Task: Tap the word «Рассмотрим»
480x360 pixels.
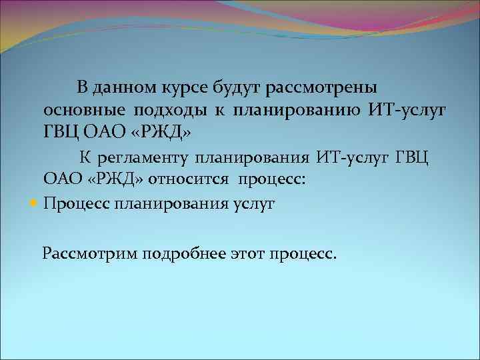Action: pyautogui.click(x=87, y=254)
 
